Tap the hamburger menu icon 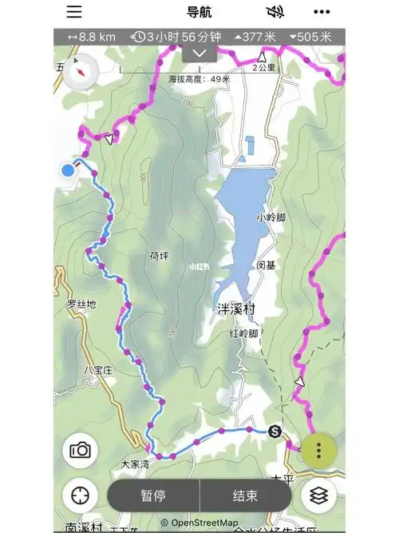click(x=74, y=11)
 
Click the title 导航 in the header click(x=199, y=12)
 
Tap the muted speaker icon click(x=275, y=12)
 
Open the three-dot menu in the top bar click(x=322, y=12)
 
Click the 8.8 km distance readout click(x=92, y=37)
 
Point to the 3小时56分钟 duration click(x=179, y=37)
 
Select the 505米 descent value click(x=314, y=37)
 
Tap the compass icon click(x=82, y=71)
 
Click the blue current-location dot click(x=68, y=169)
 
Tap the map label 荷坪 click(x=160, y=256)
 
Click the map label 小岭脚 click(x=271, y=217)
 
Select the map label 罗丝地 click(x=81, y=304)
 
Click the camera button click(x=80, y=450)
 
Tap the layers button click(x=318, y=495)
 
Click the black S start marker click(x=275, y=432)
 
